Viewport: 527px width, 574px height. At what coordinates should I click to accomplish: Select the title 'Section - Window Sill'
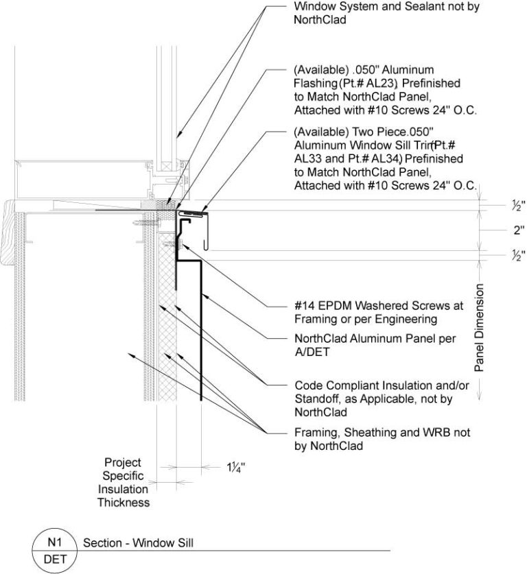pos(138,543)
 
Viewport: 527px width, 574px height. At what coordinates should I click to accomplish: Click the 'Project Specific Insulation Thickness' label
pos(123,482)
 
